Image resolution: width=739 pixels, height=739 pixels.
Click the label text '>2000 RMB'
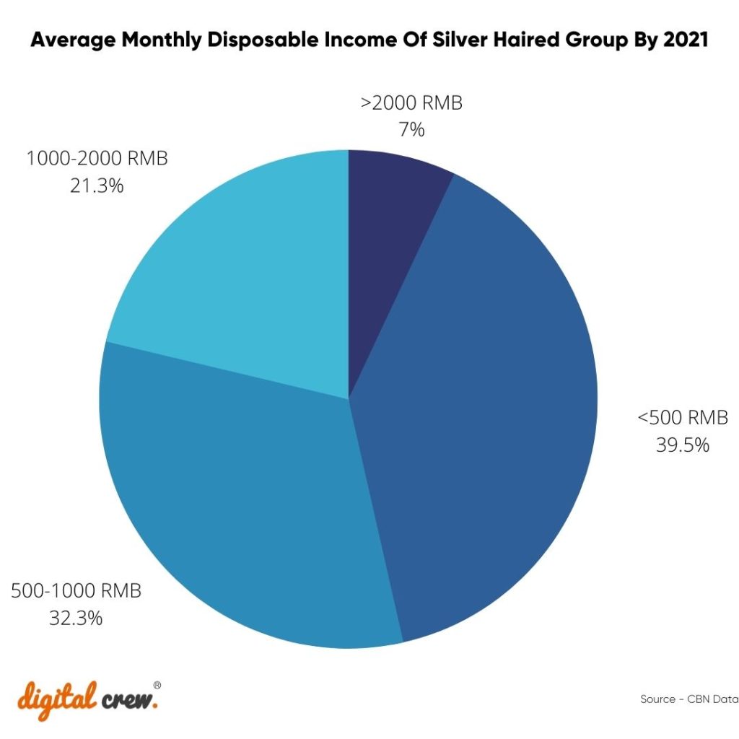point(411,103)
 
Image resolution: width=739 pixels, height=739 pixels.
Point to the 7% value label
point(411,131)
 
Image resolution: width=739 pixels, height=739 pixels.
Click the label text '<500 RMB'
point(682,418)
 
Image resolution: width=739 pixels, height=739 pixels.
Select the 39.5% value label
point(682,445)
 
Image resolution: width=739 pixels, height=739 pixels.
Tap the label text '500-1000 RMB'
point(76,591)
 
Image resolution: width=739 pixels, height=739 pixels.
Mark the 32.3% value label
point(76,618)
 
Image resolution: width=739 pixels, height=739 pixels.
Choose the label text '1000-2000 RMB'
point(97,158)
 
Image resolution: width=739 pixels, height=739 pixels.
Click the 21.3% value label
point(97,185)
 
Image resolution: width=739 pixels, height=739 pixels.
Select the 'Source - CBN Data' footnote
point(688,699)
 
